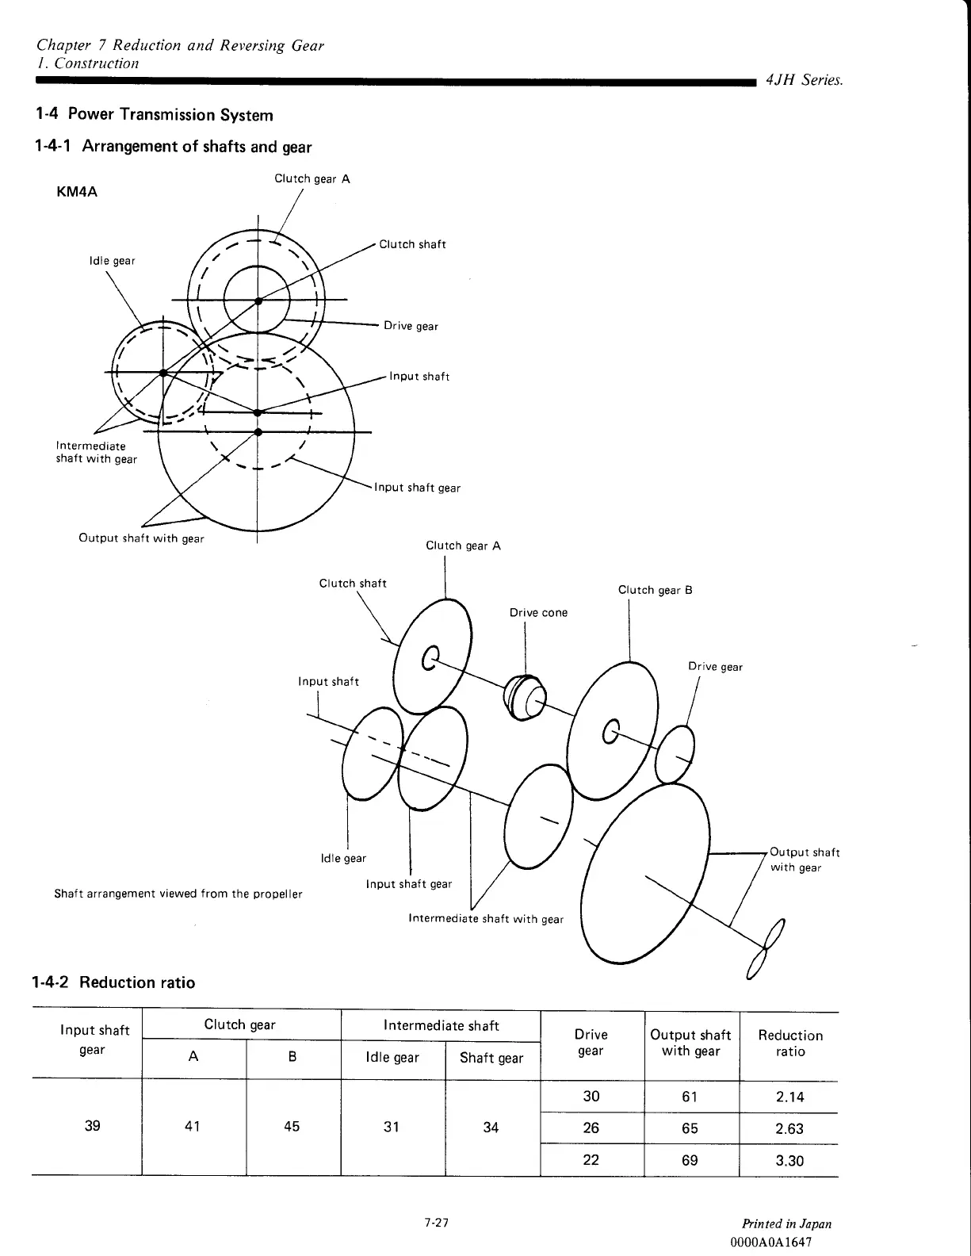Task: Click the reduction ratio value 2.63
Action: (x=789, y=1129)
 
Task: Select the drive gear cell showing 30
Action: (x=591, y=1097)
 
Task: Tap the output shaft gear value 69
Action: (x=690, y=1161)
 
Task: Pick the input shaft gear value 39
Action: (x=92, y=1126)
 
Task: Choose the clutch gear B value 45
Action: (x=292, y=1127)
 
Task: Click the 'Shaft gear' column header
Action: (x=491, y=1058)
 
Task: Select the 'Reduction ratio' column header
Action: (x=790, y=1043)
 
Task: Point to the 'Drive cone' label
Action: (x=538, y=613)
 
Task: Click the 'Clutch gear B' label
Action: (x=655, y=590)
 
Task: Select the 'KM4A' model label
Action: (x=78, y=192)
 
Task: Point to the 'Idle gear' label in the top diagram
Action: (x=112, y=261)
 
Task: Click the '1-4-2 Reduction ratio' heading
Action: (x=112, y=983)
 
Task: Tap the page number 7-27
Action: (x=436, y=1223)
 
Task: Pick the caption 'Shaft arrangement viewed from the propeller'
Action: (x=178, y=894)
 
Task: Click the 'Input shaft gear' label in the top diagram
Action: (x=417, y=488)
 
